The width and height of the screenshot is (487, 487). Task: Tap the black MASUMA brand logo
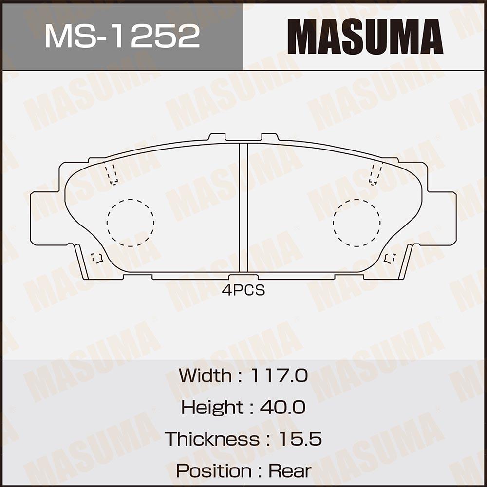click(x=365, y=37)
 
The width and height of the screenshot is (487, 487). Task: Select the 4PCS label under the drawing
click(x=243, y=290)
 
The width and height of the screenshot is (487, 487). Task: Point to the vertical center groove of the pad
click(x=243, y=207)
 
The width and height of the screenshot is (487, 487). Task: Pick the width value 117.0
click(x=279, y=375)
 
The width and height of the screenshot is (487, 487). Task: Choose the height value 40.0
click(x=282, y=407)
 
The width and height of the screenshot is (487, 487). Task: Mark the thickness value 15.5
click(x=300, y=439)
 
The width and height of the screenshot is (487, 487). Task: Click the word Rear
click(x=290, y=471)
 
